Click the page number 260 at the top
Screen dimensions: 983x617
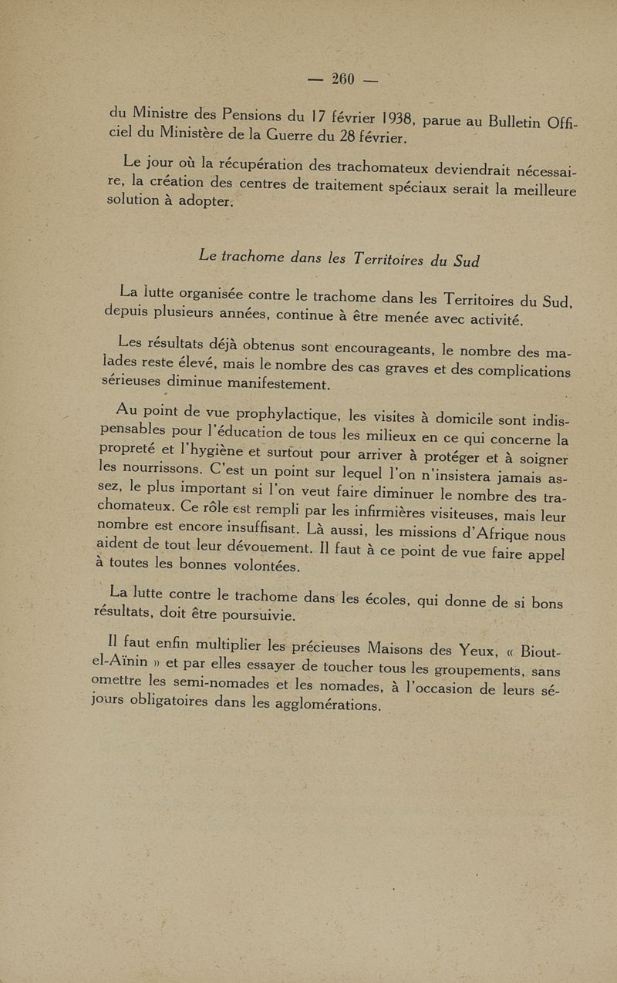(x=342, y=79)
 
